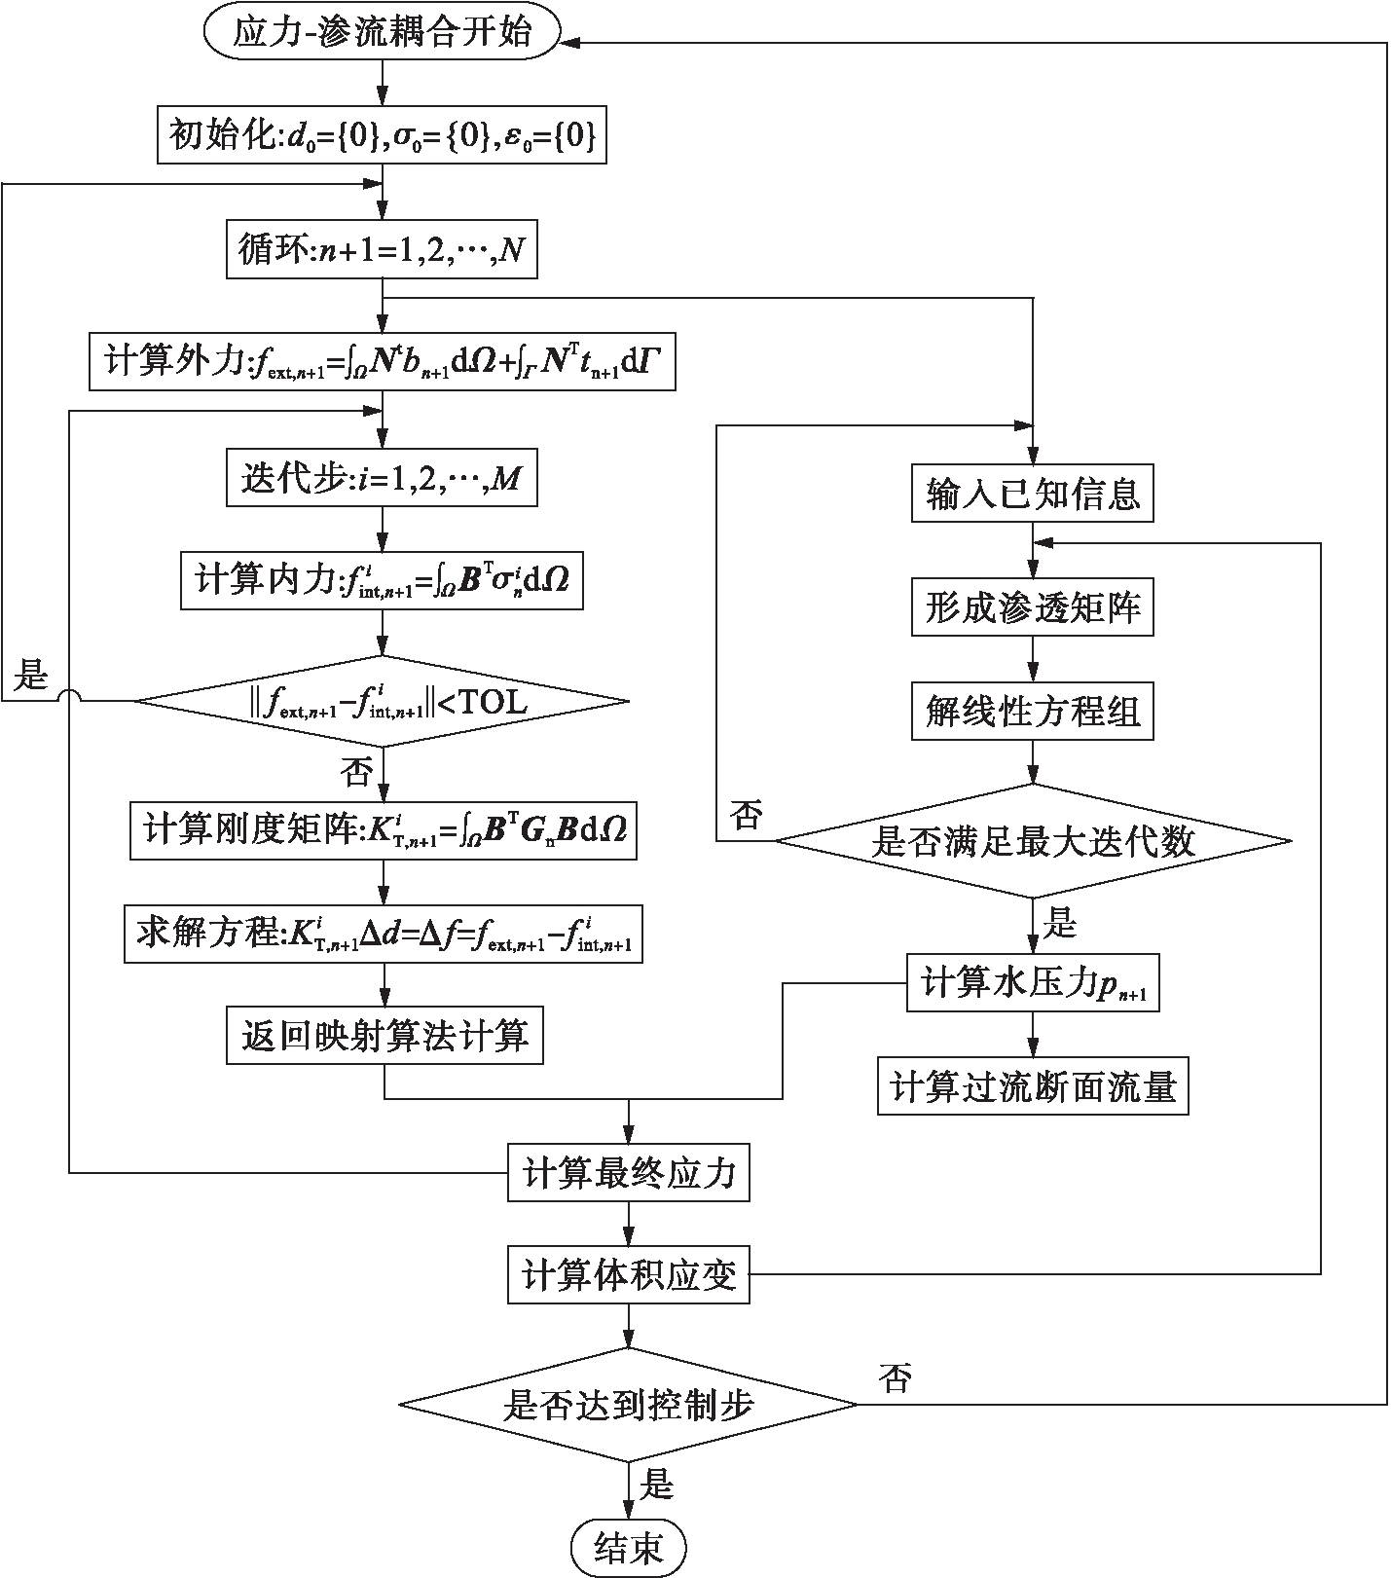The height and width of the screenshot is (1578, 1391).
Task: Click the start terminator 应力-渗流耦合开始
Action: point(383,33)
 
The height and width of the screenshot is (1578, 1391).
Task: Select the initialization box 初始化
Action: point(383,135)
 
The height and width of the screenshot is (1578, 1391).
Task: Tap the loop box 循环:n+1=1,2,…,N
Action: point(382,252)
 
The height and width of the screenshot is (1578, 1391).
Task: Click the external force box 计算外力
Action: point(383,363)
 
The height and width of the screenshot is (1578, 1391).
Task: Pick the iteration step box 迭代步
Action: point(382,477)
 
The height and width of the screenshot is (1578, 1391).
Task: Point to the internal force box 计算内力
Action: point(382,581)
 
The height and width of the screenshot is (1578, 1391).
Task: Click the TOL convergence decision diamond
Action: point(382,702)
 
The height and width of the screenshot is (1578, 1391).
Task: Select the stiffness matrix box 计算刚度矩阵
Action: point(384,830)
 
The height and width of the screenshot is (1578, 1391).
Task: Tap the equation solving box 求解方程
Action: point(384,934)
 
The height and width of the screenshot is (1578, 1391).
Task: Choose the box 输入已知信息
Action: point(1033,495)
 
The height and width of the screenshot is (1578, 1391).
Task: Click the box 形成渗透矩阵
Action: point(1033,607)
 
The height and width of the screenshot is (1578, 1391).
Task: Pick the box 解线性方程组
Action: point(1033,713)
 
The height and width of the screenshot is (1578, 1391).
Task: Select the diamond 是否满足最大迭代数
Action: point(1033,841)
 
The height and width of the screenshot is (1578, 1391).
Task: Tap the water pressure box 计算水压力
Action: point(1033,983)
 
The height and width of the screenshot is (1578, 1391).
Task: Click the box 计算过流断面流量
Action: point(1033,1086)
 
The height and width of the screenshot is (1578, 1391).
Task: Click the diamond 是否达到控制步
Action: point(629,1404)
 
